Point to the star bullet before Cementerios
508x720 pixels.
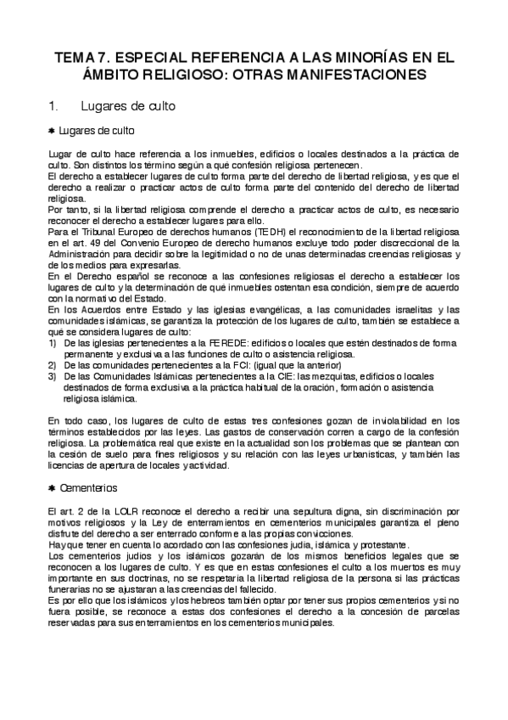(52, 489)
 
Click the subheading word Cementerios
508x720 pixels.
(89, 489)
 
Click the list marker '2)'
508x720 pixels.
(52, 363)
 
